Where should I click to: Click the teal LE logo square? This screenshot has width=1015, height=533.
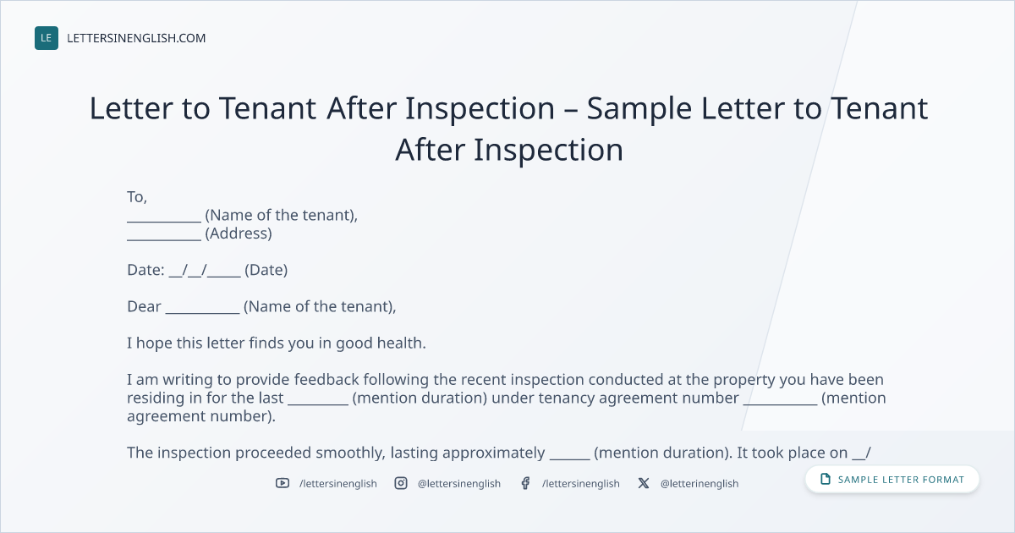47,38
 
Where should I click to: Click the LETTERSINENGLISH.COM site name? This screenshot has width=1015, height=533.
136,38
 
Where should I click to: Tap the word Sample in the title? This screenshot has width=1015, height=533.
639,109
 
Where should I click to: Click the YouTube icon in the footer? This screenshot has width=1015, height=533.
283,483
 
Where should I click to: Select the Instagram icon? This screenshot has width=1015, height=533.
401,483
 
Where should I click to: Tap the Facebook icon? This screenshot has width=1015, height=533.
525,483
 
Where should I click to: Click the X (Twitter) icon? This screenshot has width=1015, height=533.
644,483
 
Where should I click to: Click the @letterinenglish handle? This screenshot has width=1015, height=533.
700,484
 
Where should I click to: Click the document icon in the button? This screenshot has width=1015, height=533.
826,479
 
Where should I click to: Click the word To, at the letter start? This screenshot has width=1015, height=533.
137,197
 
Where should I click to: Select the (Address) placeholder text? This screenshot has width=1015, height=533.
239,234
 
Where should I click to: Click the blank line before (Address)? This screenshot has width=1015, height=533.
164,239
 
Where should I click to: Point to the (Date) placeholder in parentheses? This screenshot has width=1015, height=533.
266,270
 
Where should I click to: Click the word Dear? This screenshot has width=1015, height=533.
144,306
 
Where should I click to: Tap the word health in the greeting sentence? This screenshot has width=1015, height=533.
402,343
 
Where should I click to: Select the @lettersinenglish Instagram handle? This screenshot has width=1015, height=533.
459,484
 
